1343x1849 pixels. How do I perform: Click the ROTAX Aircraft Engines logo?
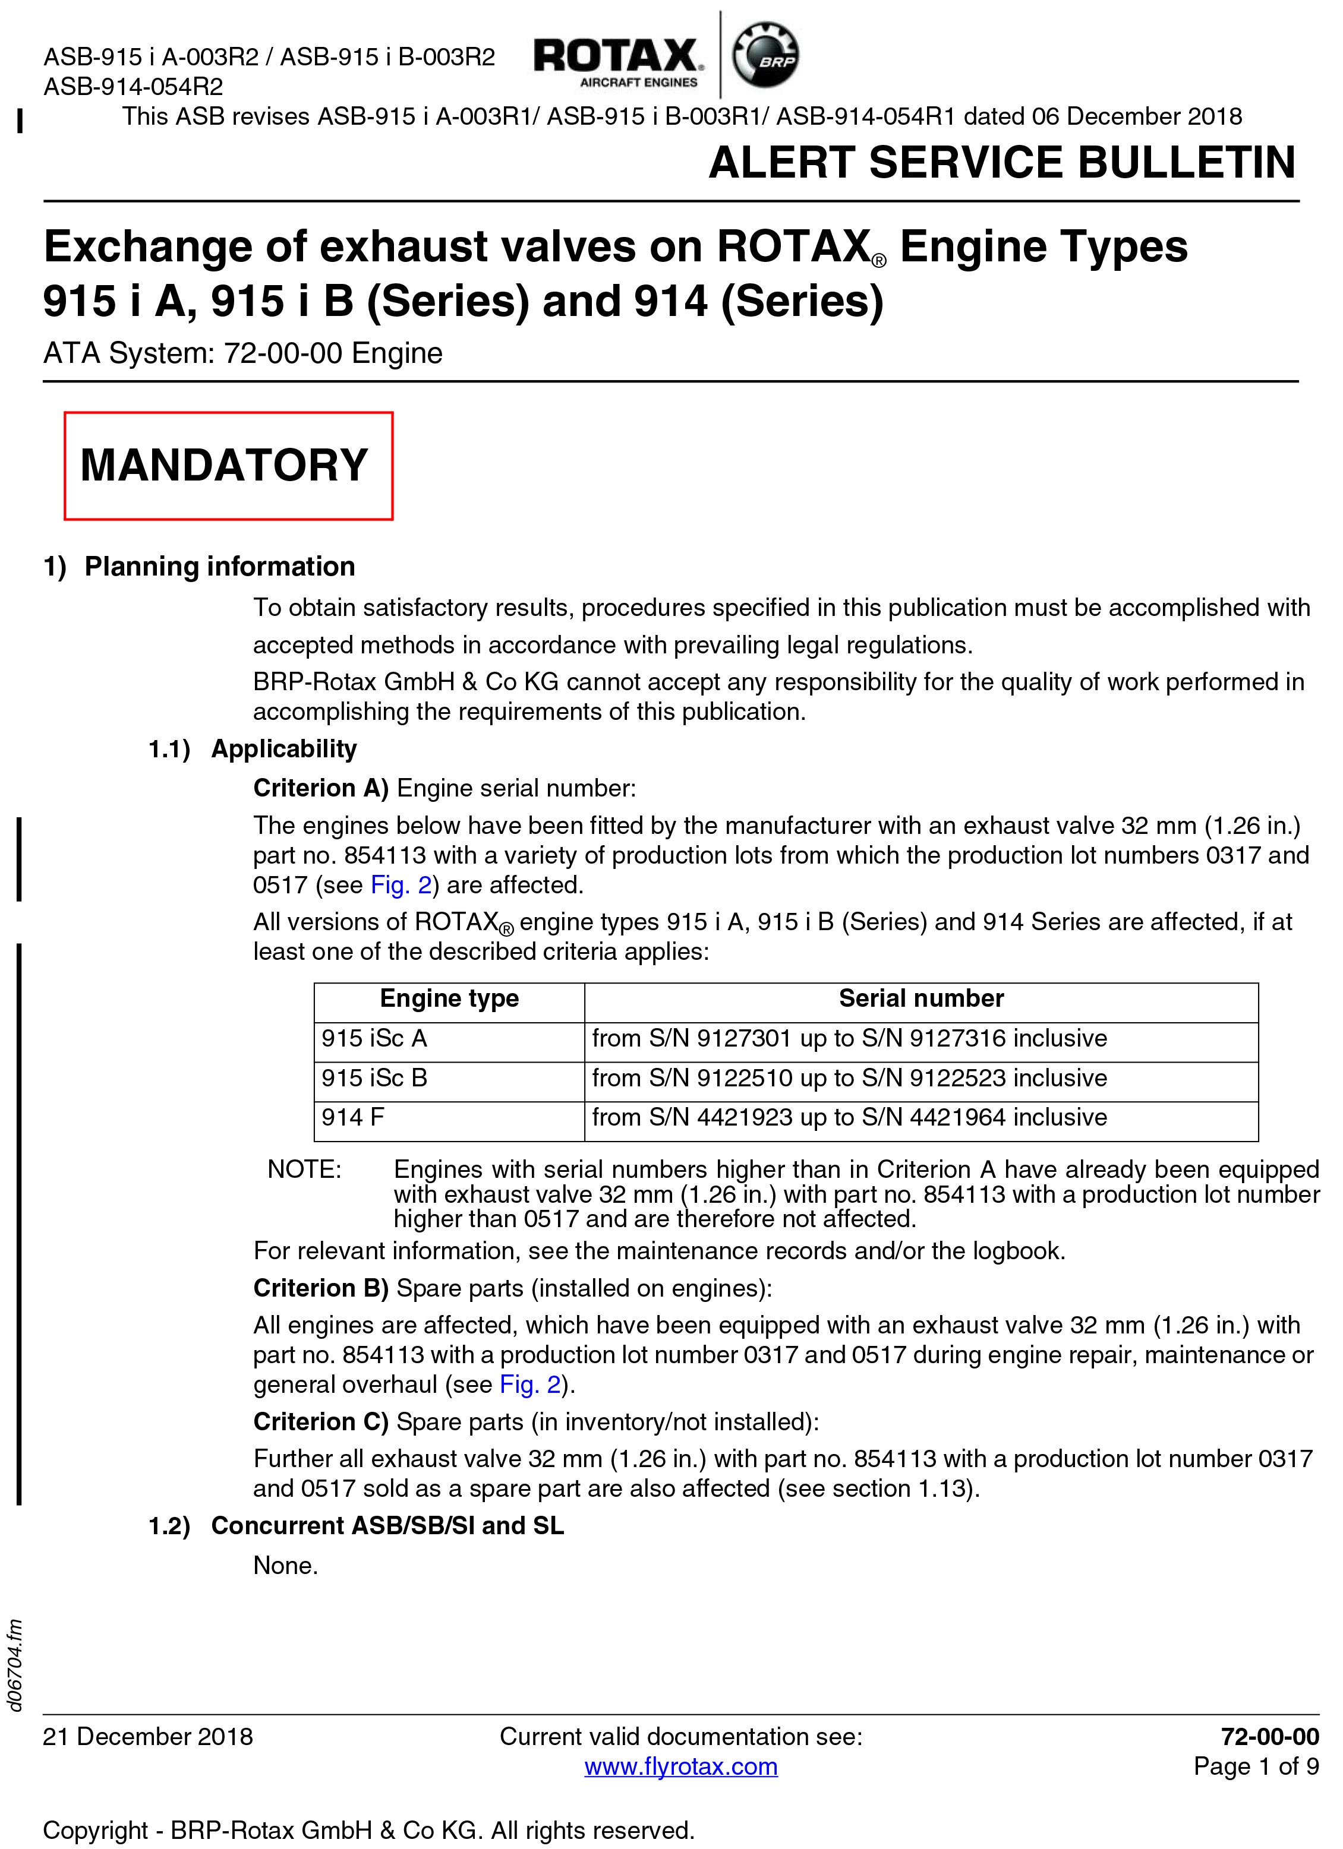tap(616, 61)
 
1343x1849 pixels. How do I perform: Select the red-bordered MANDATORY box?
tap(228, 466)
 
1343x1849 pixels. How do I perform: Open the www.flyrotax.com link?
tap(681, 1766)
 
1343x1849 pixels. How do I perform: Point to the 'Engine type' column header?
tap(449, 998)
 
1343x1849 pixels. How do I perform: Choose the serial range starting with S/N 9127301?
tap(849, 1039)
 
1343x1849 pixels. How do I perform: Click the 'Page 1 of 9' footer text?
tap(1256, 1766)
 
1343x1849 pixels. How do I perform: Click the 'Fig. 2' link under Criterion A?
tap(401, 886)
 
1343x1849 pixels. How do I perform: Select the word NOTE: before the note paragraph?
tap(304, 1170)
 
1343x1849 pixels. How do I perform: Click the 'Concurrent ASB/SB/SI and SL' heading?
tap(387, 1525)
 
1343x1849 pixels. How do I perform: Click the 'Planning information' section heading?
tap(219, 567)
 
